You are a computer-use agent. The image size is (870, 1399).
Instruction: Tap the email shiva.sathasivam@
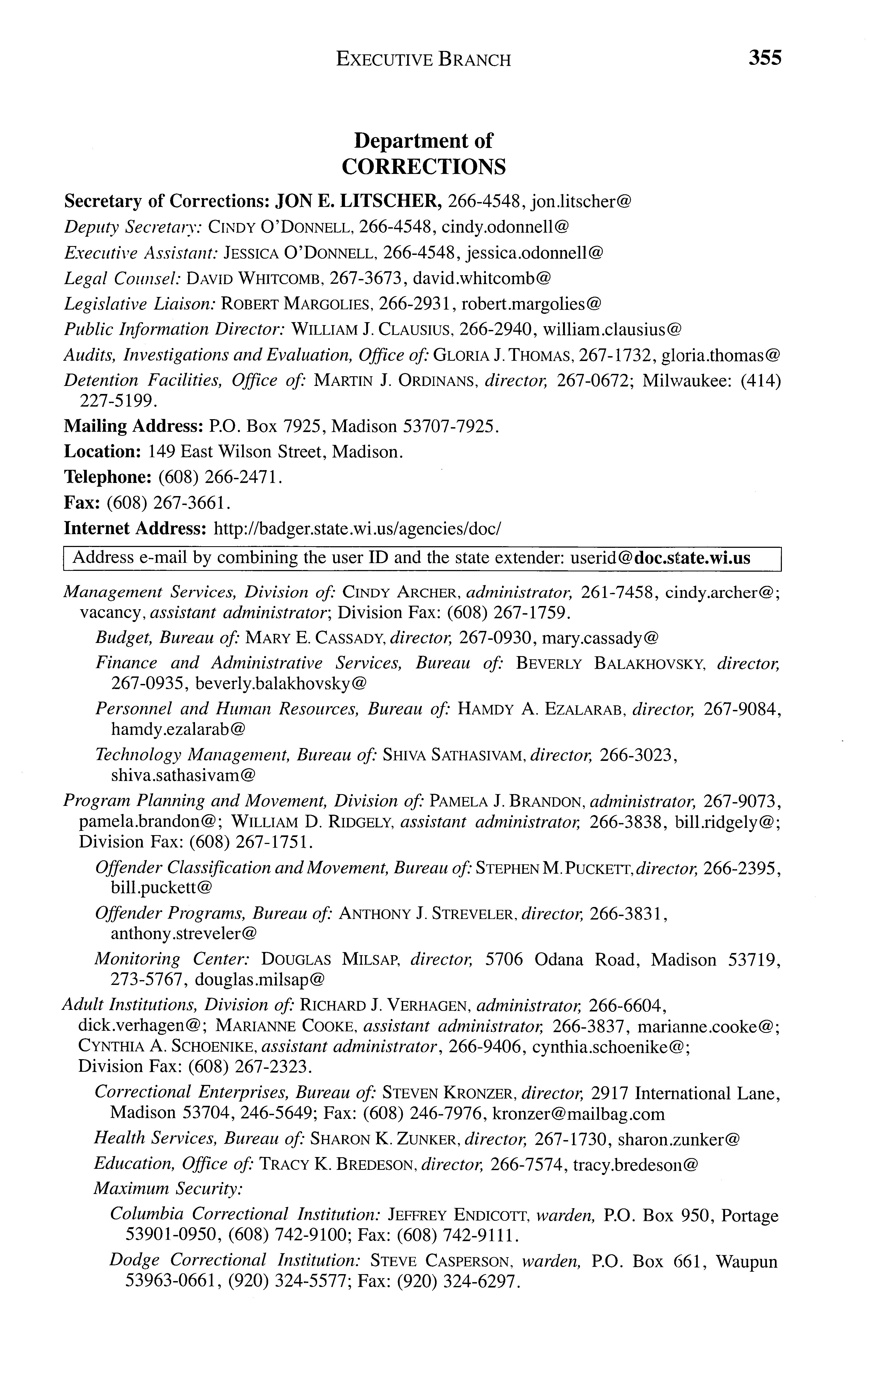coord(183,775)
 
